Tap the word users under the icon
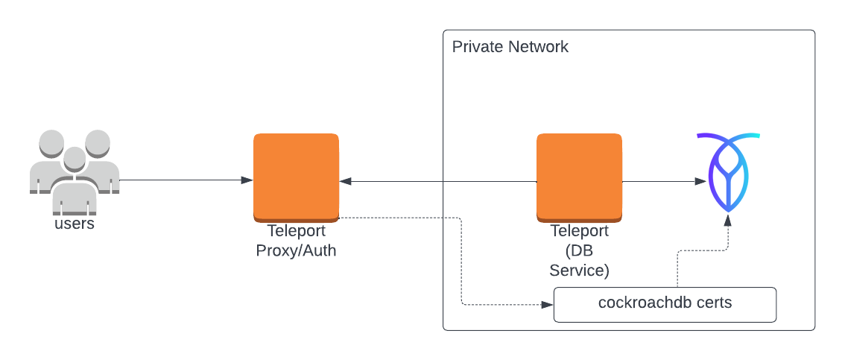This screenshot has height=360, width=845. tap(75, 224)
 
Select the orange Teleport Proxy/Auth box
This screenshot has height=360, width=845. tap(296, 177)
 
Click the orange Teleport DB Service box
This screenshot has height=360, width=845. tap(579, 177)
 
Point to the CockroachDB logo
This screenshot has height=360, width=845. tap(728, 173)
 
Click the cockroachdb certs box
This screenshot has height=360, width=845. tap(665, 304)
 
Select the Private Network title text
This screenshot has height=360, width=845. tap(510, 47)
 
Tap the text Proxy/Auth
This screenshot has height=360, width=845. tap(296, 250)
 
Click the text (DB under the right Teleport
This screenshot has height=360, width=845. tap(579, 250)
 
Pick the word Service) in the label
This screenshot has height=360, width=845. tap(579, 270)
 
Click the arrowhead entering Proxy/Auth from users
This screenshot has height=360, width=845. tap(247, 180)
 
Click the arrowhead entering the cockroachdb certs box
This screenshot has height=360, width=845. tap(548, 304)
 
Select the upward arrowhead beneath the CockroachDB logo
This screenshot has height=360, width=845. tap(728, 221)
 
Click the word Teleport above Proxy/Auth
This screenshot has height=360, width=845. tap(296, 231)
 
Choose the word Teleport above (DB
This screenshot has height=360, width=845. tap(579, 231)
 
